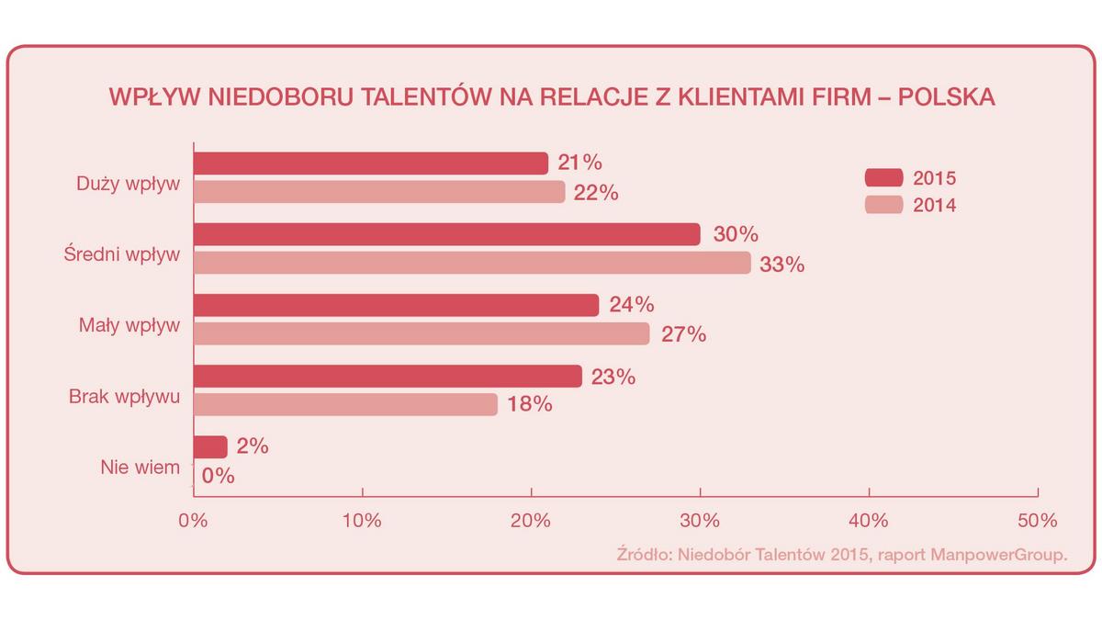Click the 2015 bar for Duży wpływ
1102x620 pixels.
[370, 163]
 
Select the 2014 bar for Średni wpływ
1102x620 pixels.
[471, 264]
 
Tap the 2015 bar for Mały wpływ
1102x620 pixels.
[396, 305]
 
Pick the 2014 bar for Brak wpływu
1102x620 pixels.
[345, 405]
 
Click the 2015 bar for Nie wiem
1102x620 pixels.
[210, 447]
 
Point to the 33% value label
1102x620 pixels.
[782, 265]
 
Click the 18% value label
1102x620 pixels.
[530, 404]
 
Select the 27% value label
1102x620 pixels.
[683, 334]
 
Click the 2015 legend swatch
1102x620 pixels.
[884, 178]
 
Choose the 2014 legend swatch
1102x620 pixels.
[884, 206]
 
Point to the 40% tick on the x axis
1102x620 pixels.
[869, 520]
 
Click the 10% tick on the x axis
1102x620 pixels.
[362, 520]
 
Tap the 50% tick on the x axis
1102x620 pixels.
[1038, 520]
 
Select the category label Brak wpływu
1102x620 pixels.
[124, 398]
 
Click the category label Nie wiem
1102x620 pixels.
[140, 468]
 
